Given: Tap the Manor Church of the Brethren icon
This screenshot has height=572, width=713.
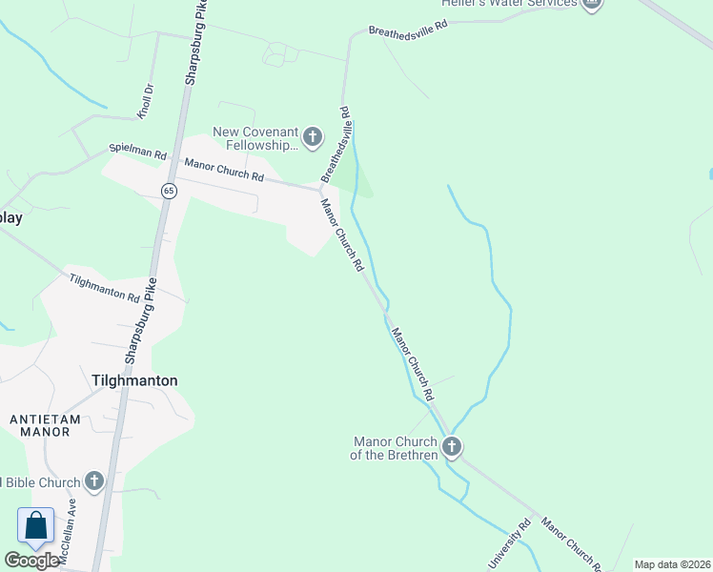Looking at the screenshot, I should coord(451,446).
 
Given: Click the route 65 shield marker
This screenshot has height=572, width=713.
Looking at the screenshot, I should coord(169,190).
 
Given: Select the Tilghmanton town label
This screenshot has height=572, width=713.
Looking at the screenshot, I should coord(134,379).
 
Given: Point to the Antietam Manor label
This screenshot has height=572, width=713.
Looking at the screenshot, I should coord(40,424).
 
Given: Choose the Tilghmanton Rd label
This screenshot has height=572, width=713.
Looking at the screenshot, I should coord(105,287).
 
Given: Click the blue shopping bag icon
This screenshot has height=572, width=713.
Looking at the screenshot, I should coord(35,525).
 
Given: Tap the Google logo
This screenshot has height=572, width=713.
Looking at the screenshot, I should coord(31,561).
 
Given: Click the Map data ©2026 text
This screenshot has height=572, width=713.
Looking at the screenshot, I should coord(672,564).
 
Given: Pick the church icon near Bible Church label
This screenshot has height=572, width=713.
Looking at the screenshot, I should coord(93,481).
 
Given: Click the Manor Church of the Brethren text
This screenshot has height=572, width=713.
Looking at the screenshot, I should coord(395,448).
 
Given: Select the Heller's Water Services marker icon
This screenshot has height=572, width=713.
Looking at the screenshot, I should coord(592,4).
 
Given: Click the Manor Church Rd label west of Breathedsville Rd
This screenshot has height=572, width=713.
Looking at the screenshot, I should coord(224,170).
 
